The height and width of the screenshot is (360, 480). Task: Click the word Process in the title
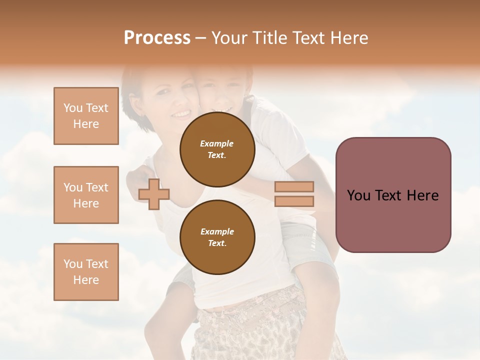pos(157,38)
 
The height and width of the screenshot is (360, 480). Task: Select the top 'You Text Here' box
pos(86,116)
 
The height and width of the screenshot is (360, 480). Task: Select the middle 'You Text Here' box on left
pos(86,195)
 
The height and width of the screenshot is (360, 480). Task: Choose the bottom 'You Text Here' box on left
pos(86,271)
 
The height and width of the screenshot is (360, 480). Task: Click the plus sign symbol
pos(154,194)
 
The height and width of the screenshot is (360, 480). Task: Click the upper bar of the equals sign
pos(294,186)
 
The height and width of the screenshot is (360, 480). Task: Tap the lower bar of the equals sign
pos(294,201)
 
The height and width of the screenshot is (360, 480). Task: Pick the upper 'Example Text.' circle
pos(217,149)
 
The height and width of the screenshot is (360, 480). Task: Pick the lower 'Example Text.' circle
pos(217,237)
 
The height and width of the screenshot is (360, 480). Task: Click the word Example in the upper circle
pos(217,143)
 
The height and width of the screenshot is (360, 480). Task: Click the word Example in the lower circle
pos(217,231)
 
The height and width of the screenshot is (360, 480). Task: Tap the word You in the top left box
pos(73,108)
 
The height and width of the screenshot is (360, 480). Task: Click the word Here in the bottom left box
pos(86,280)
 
